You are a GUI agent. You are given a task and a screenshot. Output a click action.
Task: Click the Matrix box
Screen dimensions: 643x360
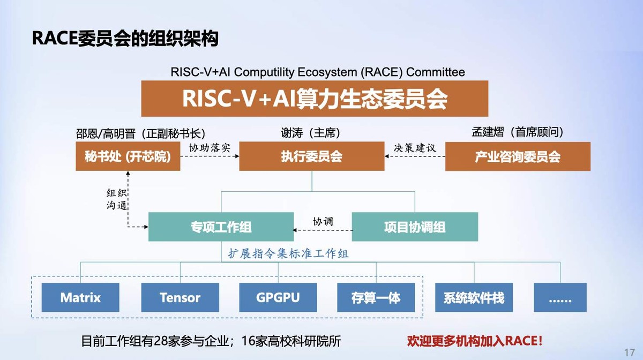click(80, 297)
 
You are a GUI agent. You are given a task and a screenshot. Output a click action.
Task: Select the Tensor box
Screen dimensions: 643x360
click(180, 297)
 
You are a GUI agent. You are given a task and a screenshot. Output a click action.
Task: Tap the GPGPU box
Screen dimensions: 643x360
click(278, 297)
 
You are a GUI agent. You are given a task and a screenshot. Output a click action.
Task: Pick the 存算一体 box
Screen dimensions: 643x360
click(376, 297)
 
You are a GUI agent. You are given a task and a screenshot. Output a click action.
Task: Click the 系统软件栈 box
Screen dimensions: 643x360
click(474, 297)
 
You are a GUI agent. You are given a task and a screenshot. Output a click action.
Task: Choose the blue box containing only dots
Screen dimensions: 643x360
click(560, 297)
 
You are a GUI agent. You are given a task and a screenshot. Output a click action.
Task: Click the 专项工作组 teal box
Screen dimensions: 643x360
click(221, 227)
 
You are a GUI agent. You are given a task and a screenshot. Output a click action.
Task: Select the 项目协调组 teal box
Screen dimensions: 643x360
click(415, 227)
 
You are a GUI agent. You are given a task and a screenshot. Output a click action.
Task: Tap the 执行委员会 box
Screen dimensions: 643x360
click(312, 156)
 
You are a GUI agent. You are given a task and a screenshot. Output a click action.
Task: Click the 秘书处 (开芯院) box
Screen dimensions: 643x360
click(128, 156)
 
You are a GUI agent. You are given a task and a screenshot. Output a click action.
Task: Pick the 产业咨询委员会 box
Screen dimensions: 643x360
click(518, 156)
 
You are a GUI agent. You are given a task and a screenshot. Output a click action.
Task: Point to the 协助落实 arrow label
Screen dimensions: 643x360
click(210, 148)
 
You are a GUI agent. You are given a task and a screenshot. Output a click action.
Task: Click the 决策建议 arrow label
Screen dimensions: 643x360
click(415, 148)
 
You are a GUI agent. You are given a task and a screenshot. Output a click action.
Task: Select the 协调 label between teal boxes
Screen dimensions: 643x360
click(323, 221)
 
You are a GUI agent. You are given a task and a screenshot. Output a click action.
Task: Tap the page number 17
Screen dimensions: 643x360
click(630, 352)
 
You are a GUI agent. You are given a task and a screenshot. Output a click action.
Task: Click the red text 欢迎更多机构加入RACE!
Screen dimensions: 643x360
click(475, 341)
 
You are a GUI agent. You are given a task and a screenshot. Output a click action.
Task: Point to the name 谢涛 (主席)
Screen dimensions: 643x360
click(311, 133)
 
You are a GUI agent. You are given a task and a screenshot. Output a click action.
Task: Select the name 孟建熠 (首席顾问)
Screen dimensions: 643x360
click(518, 132)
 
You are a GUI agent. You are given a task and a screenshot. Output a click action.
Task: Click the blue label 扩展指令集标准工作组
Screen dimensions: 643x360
click(288, 253)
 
